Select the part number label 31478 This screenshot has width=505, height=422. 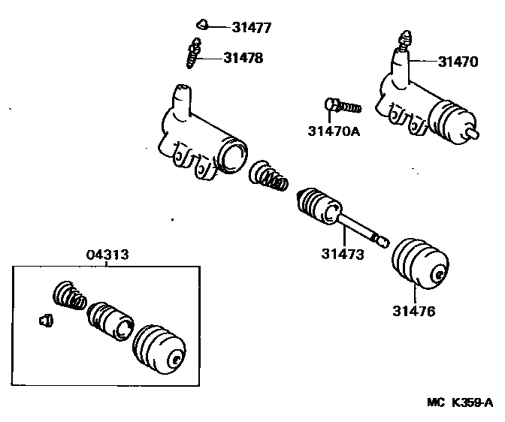tap(243, 57)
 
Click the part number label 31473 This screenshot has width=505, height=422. tap(343, 255)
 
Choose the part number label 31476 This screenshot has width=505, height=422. tap(413, 309)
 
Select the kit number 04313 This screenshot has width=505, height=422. tap(106, 255)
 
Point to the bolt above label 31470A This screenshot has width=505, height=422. tap(342, 106)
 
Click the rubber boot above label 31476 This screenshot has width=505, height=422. tap(420, 262)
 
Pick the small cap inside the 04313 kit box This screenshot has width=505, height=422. tap(44, 321)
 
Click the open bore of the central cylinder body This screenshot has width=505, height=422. tap(234, 157)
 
